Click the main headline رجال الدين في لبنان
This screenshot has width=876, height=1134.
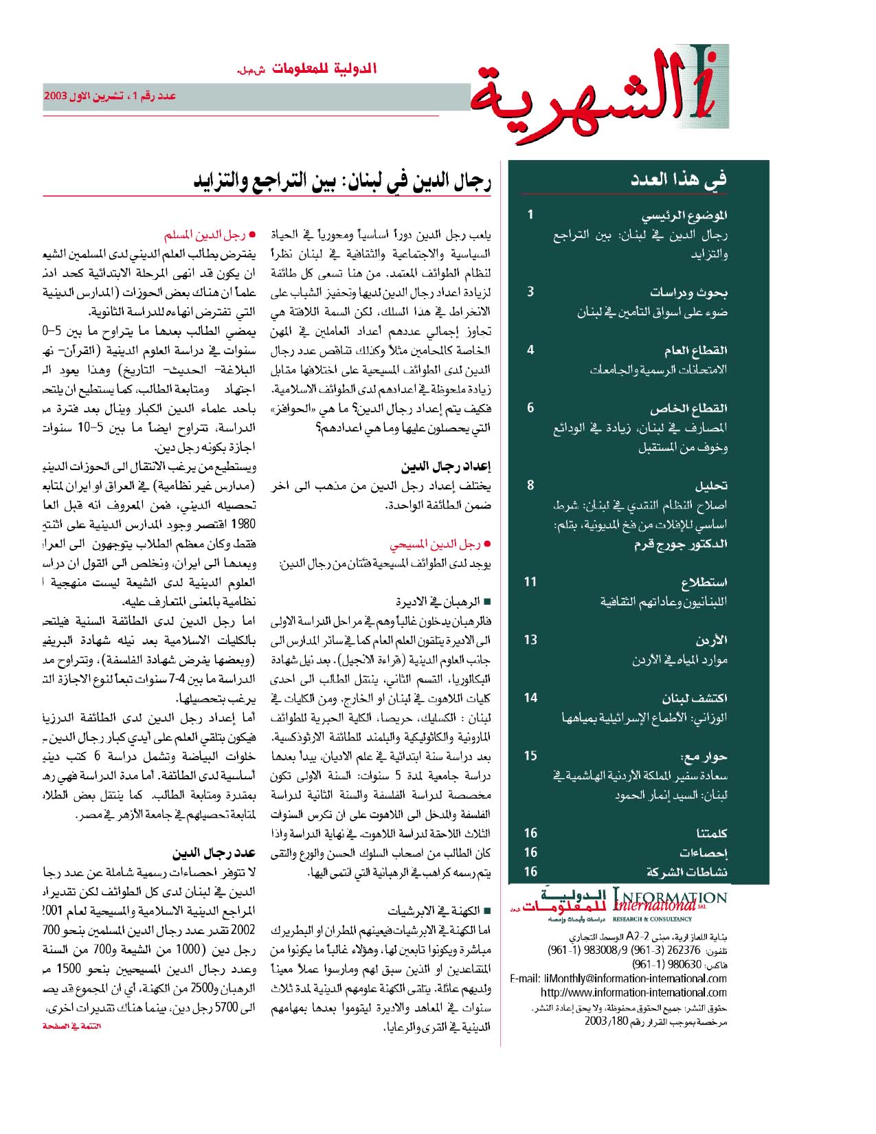342,181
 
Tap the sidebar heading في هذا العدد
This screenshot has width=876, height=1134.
679,180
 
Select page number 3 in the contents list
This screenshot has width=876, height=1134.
530,291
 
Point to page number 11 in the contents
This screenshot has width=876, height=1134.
530,582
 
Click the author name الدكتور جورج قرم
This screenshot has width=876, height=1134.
680,544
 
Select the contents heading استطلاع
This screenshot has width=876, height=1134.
704,583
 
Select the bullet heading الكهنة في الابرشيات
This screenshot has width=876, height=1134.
434,911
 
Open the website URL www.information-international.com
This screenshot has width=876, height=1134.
633,992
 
